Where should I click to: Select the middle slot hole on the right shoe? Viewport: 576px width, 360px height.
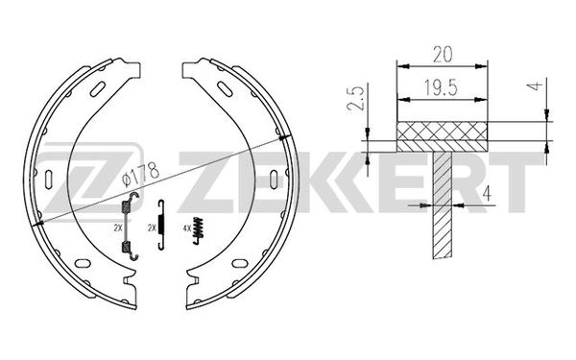click(x=275, y=178)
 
